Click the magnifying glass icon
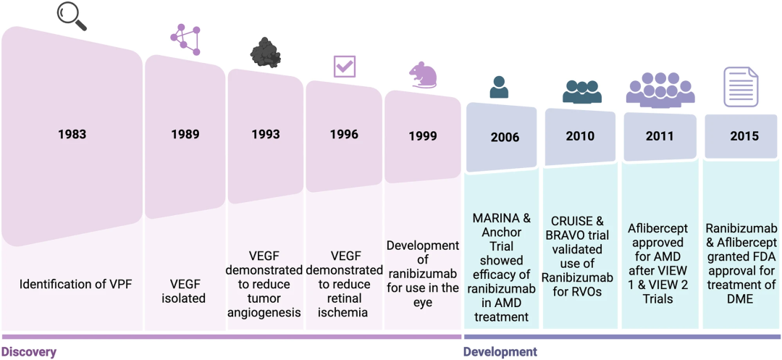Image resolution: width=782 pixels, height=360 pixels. (x=72, y=15)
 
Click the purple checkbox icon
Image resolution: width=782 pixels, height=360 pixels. (x=344, y=67)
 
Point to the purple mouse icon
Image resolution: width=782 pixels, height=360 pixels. (x=423, y=75)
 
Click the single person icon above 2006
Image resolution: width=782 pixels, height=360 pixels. (x=499, y=87)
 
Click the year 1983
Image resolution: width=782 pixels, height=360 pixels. (x=72, y=134)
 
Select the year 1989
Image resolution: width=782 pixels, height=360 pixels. (x=185, y=134)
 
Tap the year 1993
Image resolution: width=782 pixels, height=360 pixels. (x=266, y=134)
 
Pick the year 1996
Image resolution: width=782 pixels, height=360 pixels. (x=344, y=134)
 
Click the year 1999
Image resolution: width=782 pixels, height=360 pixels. (x=423, y=135)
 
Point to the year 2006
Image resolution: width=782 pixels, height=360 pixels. (x=505, y=137)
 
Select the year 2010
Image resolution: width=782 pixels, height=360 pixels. (x=580, y=136)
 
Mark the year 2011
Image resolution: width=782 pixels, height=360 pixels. (x=659, y=136)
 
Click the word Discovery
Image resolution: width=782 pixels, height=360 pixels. (x=28, y=352)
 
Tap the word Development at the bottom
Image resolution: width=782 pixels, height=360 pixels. (x=500, y=352)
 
